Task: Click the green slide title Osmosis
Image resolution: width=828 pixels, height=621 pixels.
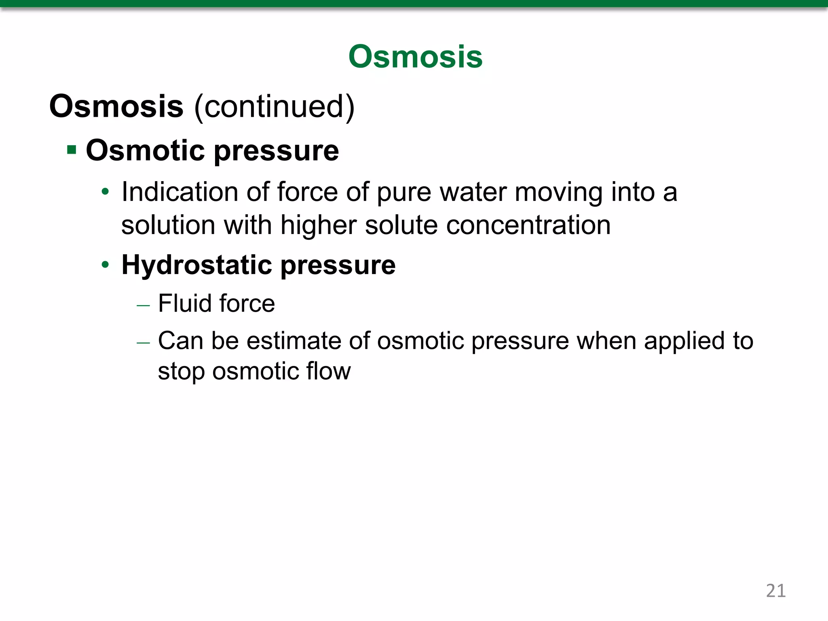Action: coord(415,57)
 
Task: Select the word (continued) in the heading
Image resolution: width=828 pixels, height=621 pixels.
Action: coord(274,107)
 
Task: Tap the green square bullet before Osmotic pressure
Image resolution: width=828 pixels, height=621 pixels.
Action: coord(72,150)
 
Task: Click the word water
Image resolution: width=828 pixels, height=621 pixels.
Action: coord(473,192)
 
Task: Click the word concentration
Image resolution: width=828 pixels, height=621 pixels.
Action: coord(528,225)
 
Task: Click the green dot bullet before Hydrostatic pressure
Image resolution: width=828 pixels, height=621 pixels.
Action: coord(106,265)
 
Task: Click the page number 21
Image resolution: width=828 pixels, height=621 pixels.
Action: coord(775,591)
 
